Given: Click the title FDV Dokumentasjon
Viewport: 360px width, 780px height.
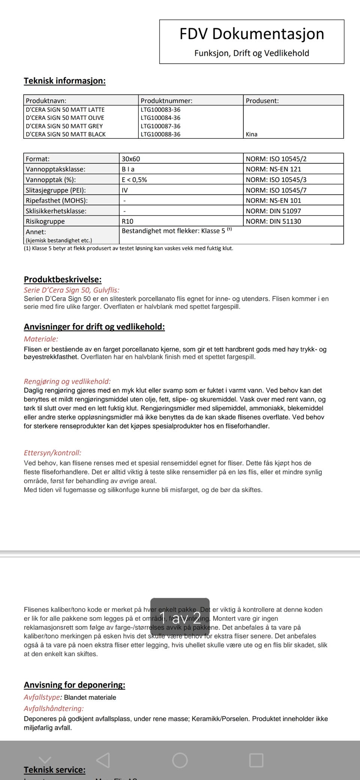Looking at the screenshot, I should click(252, 34).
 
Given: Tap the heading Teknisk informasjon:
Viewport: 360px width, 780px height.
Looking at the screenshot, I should click(64, 81).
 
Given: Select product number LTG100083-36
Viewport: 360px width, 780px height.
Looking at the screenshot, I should click(160, 109).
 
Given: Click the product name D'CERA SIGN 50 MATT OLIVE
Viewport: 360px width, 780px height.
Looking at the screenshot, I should click(65, 118).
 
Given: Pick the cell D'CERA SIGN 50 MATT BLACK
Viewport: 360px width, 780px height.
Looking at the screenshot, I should click(66, 134).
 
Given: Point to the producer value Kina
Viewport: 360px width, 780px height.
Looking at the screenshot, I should click(252, 134).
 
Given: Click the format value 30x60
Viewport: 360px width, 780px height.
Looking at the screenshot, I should click(131, 159).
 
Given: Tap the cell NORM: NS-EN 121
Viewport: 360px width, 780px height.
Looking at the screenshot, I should click(273, 169).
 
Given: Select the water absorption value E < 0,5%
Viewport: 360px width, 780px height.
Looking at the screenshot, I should click(134, 180).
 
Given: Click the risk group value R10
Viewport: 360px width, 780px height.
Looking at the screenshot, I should click(127, 221).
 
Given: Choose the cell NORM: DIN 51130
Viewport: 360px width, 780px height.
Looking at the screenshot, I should click(273, 221).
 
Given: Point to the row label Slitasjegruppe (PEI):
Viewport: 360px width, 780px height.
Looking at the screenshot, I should click(55, 190).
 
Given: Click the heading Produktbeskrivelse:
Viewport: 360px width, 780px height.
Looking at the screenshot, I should click(63, 279).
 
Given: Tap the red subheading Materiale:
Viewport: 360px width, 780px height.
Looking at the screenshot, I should click(41, 339).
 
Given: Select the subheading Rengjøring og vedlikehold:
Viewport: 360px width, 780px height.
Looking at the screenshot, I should click(67, 381).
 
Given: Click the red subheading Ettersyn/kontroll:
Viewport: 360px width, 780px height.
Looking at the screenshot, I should click(52, 453).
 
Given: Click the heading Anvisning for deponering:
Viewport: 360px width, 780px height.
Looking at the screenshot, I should click(74, 685).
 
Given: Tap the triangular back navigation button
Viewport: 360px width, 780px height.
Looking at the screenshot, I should click(103, 760).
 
